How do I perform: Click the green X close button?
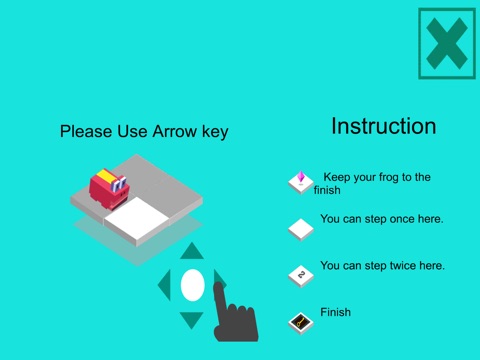pos(447,44)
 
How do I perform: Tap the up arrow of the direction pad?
pos(192,251)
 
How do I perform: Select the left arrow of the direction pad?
pos(165,285)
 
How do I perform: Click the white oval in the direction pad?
pos(193,285)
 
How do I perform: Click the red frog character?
pos(109,189)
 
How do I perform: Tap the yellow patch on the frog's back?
pos(106,176)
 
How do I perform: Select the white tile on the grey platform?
pos(137,221)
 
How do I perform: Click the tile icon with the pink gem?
pos(301,183)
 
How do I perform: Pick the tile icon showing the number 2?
pos(301,276)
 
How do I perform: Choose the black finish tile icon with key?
pos(301,323)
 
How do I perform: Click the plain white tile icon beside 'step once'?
pos(301,229)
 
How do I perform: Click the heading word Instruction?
pos(384,126)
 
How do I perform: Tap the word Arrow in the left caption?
pos(175,131)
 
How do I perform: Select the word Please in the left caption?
pos(86,131)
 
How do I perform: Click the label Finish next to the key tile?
pos(335,312)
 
